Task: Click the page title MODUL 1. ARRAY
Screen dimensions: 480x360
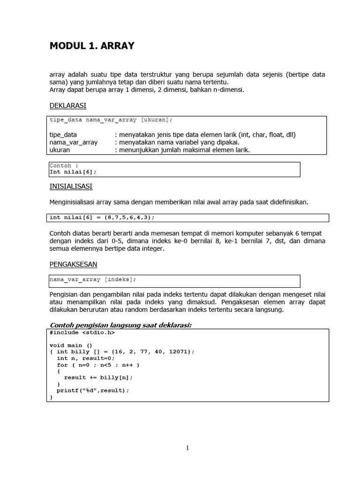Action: point(92,46)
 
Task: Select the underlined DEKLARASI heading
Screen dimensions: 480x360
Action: point(68,105)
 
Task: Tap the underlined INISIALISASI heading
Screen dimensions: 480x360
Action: point(71,186)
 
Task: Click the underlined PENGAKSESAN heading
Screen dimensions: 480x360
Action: point(73,264)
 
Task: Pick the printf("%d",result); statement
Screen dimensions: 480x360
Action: point(92,390)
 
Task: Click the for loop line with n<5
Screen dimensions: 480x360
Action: point(98,365)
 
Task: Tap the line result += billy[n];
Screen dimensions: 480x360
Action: point(98,377)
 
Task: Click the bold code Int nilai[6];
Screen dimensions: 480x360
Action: point(75,172)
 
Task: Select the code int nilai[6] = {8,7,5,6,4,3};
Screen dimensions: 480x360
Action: point(102,217)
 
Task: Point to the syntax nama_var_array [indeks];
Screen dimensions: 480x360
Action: point(93,279)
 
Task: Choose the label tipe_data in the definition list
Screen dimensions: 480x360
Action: point(63,135)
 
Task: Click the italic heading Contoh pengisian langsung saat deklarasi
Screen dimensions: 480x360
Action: point(120,325)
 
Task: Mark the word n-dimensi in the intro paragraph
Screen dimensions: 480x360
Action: point(228,89)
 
